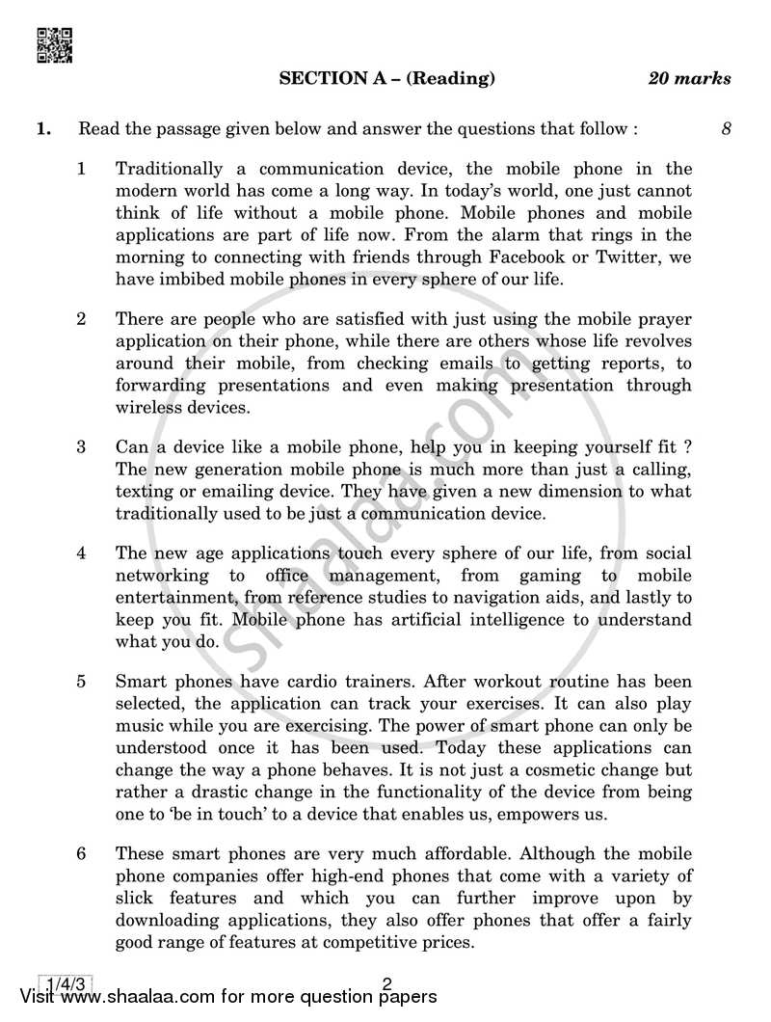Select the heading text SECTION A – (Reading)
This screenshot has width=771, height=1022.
tap(386, 79)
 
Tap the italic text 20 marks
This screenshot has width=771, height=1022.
tap(690, 79)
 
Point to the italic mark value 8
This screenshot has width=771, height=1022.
tap(726, 127)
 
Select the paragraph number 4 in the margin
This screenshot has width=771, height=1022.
tap(82, 553)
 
